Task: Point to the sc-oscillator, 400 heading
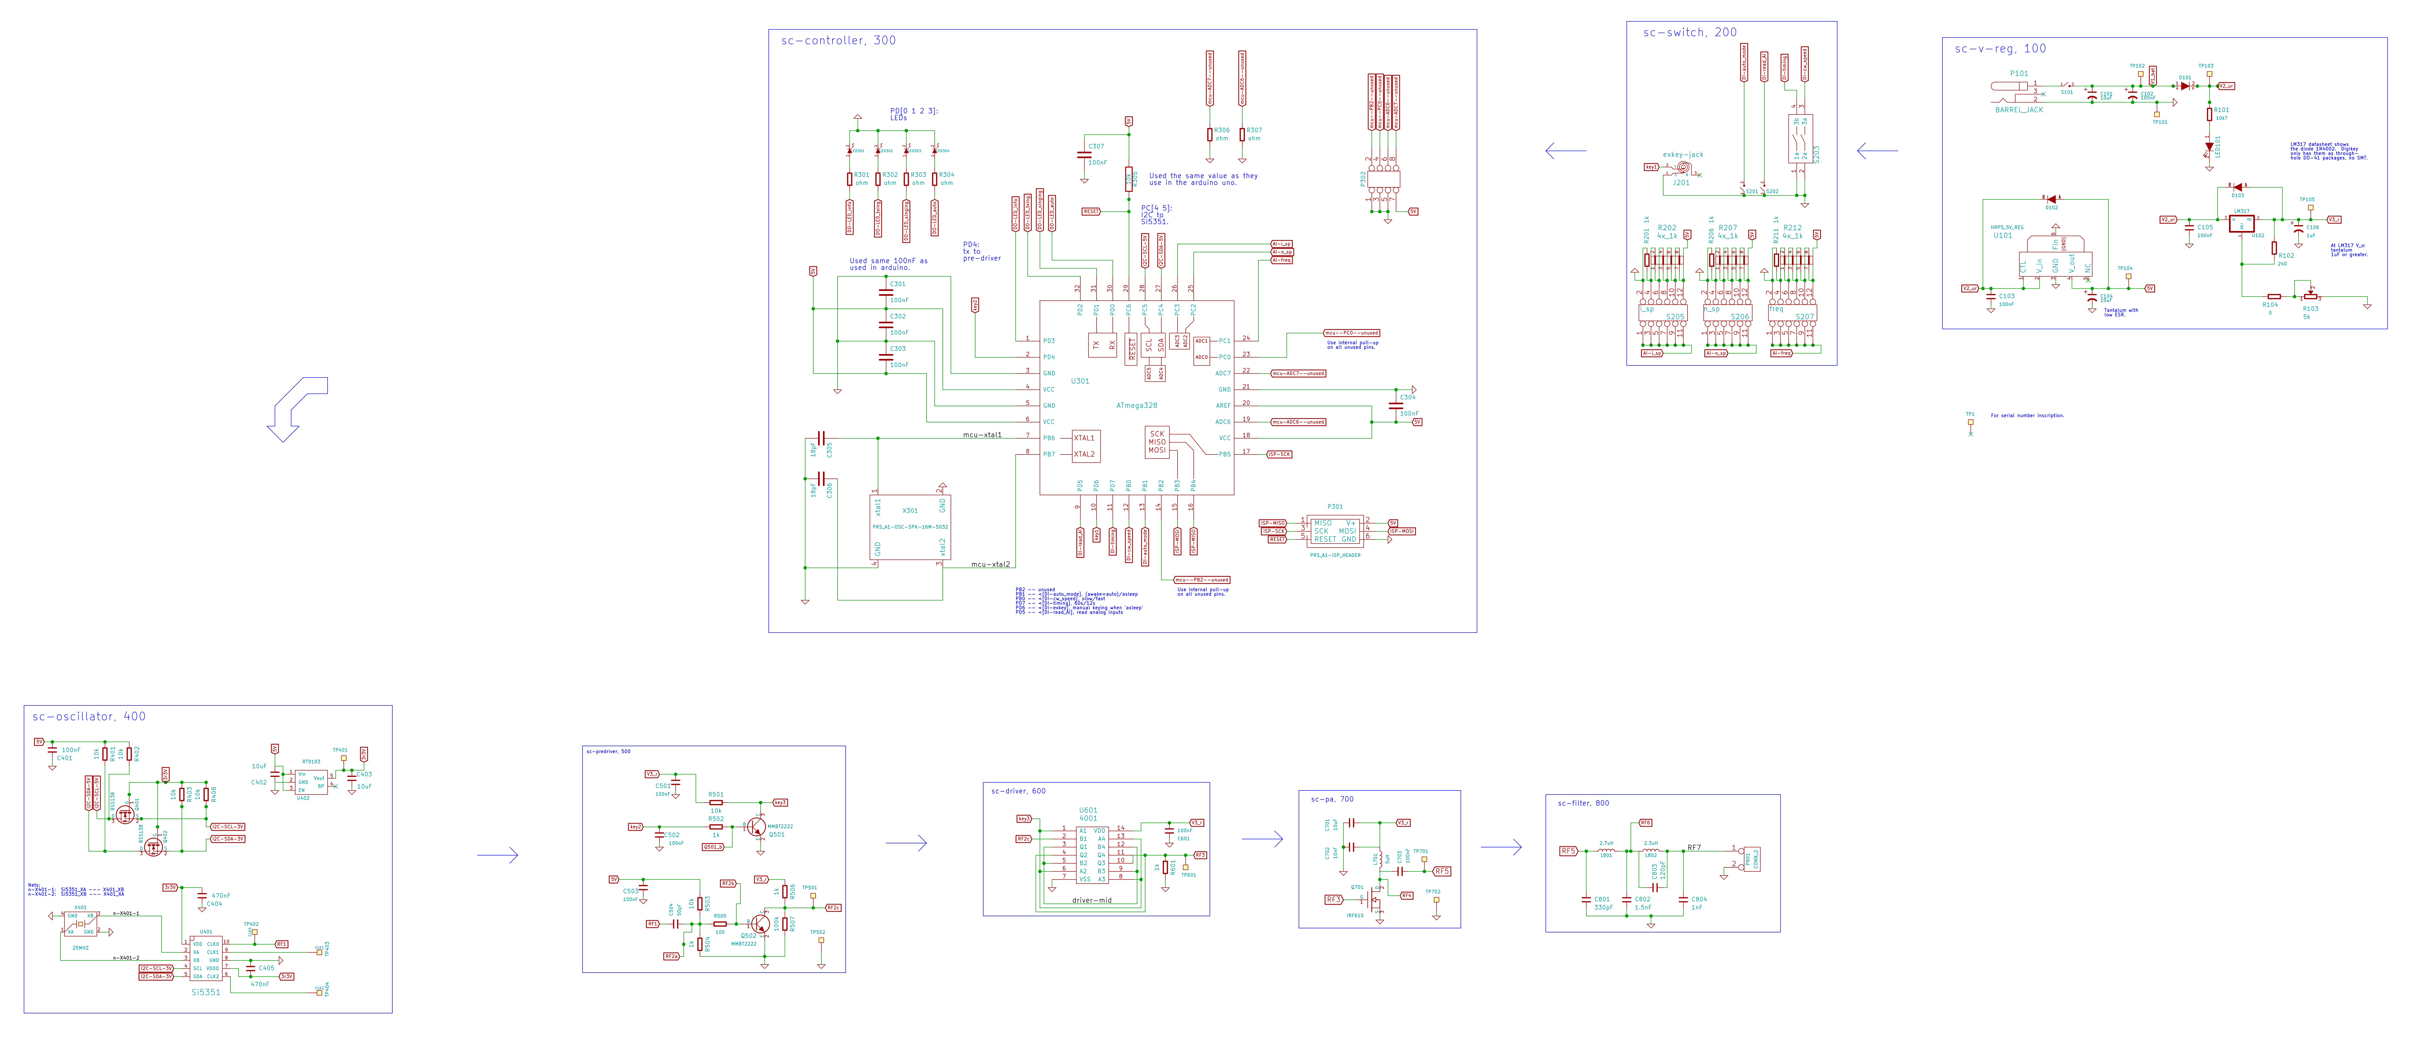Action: coord(89,717)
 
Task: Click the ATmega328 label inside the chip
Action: coord(1136,406)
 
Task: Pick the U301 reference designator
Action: coord(1080,381)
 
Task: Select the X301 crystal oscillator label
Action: coord(910,511)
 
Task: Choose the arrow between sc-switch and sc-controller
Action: coord(1565,151)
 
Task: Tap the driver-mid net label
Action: coord(1091,900)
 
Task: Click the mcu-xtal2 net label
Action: coord(990,565)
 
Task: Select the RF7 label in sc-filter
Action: coord(1694,848)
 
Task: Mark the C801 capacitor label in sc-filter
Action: coord(1602,899)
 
